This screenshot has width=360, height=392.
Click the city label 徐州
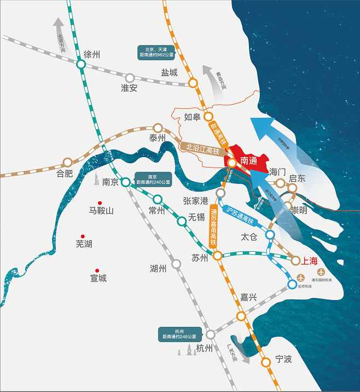coord(92,55)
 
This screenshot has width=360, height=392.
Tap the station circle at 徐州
coord(81,65)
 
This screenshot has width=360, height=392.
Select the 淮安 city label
coord(129,88)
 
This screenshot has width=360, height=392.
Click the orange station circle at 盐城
coord(193,83)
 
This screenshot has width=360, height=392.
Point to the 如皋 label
coord(192,117)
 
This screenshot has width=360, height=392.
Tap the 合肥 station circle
coord(67,162)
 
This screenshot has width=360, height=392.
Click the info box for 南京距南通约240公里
coord(153,180)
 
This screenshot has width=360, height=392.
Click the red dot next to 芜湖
coord(83,237)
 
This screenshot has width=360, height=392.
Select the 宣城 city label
coord(98,278)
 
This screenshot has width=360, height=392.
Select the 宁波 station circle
coord(266,362)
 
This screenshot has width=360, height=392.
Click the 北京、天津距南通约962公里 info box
coord(156,53)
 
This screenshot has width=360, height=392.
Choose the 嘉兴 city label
coord(248,297)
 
